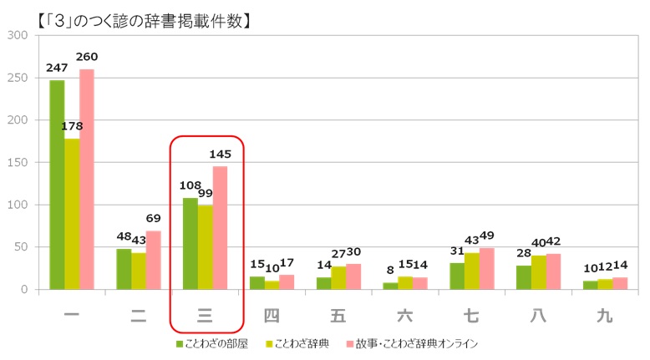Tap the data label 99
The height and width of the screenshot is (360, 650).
click(x=206, y=193)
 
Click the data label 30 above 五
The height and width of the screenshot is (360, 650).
click(x=354, y=251)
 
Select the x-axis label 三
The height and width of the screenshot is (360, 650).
click(x=206, y=316)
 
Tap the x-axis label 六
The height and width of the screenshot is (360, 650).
click(x=406, y=316)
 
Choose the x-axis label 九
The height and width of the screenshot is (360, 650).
click(x=606, y=316)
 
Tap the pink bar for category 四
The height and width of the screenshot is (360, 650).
click(x=287, y=282)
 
